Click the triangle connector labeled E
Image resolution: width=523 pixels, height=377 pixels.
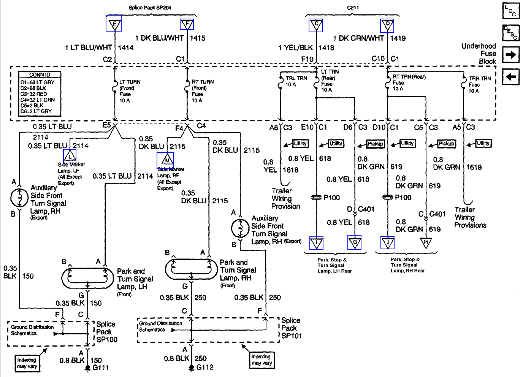[x=114, y=24]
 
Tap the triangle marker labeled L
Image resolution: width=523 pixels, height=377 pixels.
[x=70, y=156]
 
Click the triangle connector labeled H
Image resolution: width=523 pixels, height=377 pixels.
[x=426, y=242]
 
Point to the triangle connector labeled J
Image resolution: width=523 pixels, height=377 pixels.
[x=388, y=242]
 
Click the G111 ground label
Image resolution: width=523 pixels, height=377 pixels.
[x=101, y=368]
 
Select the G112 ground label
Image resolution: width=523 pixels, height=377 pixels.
[x=205, y=367]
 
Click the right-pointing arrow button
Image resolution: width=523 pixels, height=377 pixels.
[x=511, y=55]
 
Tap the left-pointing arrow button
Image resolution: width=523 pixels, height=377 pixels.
[x=511, y=77]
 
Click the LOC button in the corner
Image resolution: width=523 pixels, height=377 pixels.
[x=511, y=11]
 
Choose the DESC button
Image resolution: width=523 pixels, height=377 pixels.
[x=511, y=33]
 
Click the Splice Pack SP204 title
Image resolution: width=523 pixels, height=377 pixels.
[x=150, y=8]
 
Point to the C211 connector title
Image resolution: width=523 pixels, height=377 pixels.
[x=353, y=8]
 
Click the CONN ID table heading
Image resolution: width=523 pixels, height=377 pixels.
[x=40, y=75]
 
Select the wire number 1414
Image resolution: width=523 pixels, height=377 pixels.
[x=126, y=48]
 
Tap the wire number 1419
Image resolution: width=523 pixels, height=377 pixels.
[x=398, y=38]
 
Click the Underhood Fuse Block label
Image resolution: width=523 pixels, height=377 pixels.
[x=479, y=54]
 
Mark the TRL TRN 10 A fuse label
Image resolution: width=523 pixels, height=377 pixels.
[x=296, y=81]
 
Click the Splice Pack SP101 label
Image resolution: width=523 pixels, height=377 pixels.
[x=291, y=328]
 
